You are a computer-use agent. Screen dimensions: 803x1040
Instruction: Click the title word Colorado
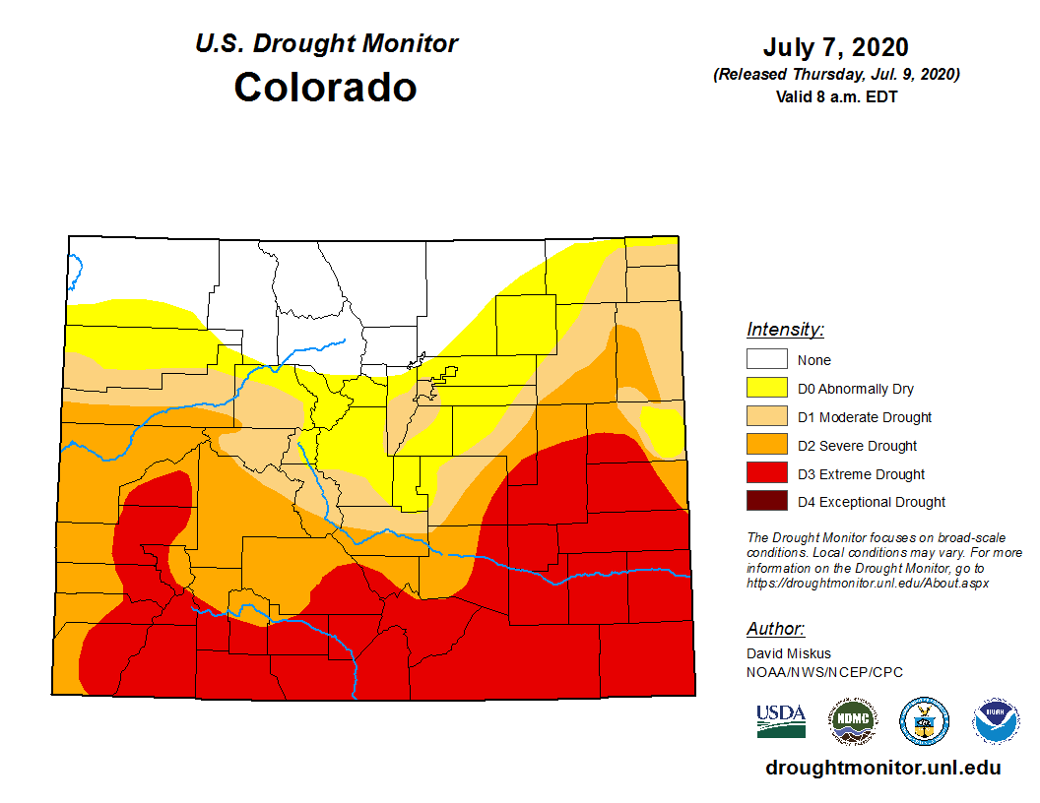pos(325,88)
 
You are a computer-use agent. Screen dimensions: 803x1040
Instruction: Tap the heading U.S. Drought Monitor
pos(326,44)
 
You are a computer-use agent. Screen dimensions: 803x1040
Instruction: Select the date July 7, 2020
pos(835,48)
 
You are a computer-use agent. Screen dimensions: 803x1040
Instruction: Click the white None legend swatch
pos(766,360)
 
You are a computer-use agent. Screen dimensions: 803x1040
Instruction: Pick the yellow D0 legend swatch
pos(766,389)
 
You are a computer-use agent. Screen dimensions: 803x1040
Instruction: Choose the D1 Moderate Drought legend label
pos(864,417)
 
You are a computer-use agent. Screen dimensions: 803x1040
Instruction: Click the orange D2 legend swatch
pos(766,446)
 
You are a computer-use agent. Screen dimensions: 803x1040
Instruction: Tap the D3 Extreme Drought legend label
pos(861,474)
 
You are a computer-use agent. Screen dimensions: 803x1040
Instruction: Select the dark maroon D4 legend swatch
pos(766,502)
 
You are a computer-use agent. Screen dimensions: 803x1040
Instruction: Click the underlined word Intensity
pos(785,330)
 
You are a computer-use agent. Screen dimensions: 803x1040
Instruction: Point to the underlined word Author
pos(775,629)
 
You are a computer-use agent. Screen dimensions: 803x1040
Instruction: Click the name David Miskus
pos(789,653)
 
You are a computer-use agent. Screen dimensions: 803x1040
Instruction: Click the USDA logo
pos(781,721)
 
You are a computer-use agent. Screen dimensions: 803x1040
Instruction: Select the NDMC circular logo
pos(852,721)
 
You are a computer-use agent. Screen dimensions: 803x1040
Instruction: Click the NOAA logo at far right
pos(996,721)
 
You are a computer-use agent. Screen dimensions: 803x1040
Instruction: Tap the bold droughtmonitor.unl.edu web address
pos(882,769)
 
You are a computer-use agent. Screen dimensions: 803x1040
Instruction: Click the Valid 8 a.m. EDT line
pos(836,96)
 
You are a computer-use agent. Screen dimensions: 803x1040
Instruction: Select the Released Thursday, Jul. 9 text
pos(836,75)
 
